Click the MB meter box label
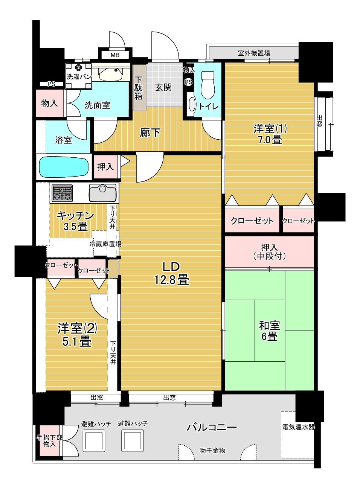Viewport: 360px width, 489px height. (115, 55)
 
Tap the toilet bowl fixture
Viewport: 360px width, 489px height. (208, 85)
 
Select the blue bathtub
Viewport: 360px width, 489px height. (64, 167)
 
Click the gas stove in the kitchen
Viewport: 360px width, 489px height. (62, 193)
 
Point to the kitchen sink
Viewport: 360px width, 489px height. (102, 193)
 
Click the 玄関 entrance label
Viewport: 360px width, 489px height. (163, 87)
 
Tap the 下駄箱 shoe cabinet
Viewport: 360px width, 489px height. (139, 88)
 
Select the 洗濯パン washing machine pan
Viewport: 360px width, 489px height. (79, 76)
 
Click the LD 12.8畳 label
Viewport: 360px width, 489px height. (172, 273)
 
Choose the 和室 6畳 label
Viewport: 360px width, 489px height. (269, 331)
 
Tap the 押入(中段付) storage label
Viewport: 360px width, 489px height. (269, 252)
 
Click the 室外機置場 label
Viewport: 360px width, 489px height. (254, 53)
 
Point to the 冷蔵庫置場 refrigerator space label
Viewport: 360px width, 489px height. (105, 244)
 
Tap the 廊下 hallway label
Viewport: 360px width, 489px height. (150, 133)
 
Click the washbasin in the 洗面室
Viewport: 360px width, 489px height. (111, 74)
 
